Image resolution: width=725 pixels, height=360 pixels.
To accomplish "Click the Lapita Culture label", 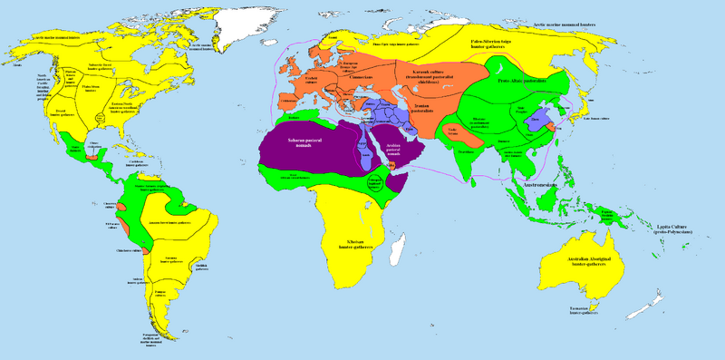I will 672,230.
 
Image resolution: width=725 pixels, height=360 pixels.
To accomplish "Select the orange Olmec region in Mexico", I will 88,156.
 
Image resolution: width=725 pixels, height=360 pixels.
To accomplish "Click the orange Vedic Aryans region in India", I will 452,131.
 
